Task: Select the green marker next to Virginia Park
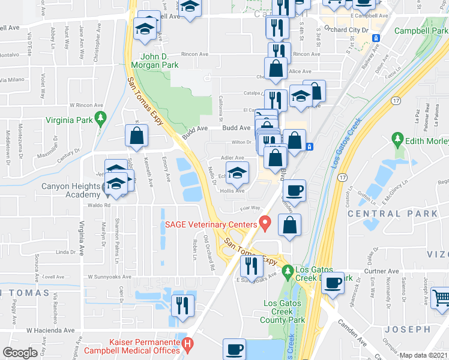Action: pyautogui.click(x=100, y=119)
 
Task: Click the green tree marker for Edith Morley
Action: pyautogui.click(x=397, y=140)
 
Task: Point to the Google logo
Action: pyautogui.click(x=20, y=353)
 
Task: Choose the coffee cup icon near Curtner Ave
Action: pyautogui.click(x=333, y=283)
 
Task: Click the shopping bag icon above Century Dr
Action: pyautogui.click(x=136, y=136)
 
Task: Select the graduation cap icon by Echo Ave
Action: pyautogui.click(x=238, y=173)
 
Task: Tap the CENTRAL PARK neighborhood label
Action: pyautogui.click(x=400, y=213)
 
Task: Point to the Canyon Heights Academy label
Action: pyautogui.click(x=70, y=190)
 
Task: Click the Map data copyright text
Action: pyautogui.click(x=424, y=355)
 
